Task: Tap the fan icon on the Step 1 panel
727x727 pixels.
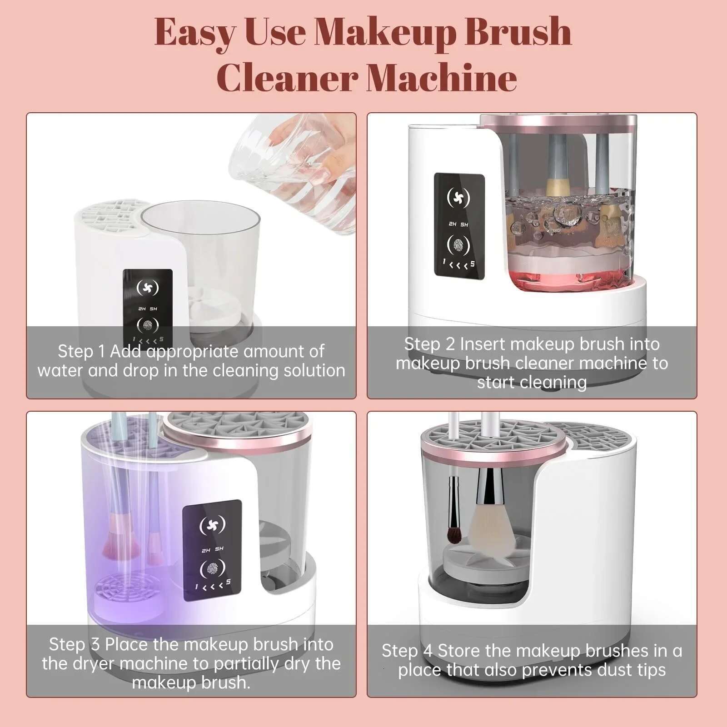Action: click(148, 288)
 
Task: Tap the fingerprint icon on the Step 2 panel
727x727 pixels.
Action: click(458, 246)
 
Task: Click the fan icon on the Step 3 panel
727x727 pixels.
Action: click(212, 525)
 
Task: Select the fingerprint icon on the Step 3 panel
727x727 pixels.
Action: click(212, 568)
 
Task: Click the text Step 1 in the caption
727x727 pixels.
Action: click(81, 351)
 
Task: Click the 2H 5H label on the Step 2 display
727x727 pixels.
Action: click(458, 224)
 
